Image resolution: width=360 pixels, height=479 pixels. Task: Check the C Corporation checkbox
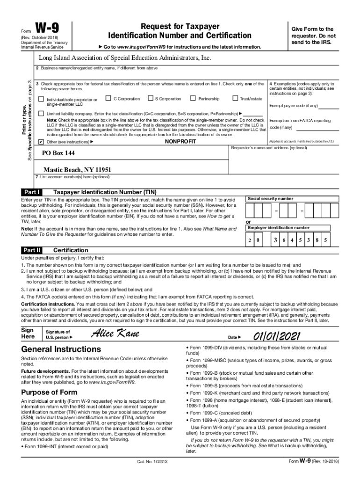coord(108,98)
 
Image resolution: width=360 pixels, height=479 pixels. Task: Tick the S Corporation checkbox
coord(151,98)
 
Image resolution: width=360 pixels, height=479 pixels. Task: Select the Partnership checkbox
coord(193,98)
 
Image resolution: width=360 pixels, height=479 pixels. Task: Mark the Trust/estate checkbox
coord(235,98)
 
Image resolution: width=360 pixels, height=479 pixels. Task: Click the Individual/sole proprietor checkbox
coord(41,99)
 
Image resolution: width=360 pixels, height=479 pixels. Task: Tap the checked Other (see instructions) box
coord(41,141)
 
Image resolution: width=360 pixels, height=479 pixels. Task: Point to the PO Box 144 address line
coord(58,153)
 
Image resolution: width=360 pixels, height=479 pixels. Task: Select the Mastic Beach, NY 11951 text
coord(77,169)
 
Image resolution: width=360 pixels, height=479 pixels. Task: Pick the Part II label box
coord(32,250)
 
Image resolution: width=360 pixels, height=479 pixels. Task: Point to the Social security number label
coord(270,199)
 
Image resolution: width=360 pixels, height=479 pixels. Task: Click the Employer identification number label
coord(278,228)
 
